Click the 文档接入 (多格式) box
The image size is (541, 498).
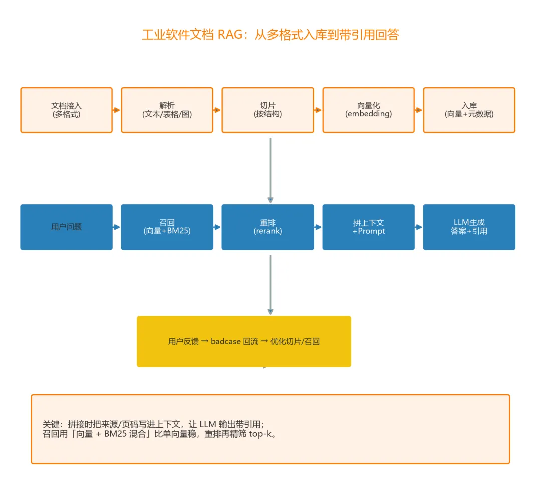coord(66,110)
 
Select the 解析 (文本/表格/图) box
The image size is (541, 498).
coord(167,110)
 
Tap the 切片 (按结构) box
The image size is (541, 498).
coord(267,110)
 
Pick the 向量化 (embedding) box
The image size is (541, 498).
coord(369,110)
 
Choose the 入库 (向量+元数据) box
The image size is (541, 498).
coord(469,110)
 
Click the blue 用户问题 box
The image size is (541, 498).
coord(66,227)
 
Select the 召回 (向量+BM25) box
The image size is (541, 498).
coord(167,227)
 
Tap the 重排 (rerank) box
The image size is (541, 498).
coord(267,227)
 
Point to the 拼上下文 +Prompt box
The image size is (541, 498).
coord(369,227)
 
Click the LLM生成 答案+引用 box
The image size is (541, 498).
coord(469,227)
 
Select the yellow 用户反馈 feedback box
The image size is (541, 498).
coord(244,341)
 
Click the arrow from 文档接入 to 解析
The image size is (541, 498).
coord(117,110)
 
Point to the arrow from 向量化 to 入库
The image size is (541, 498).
coord(419,110)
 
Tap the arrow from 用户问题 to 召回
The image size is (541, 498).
coord(117,227)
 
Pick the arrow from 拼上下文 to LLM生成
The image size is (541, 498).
coord(419,227)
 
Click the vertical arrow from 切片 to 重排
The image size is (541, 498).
coord(270,170)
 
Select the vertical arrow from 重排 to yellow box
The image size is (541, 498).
coord(270,284)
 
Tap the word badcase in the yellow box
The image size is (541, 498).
coord(225,341)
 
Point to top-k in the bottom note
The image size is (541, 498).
coord(260,434)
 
